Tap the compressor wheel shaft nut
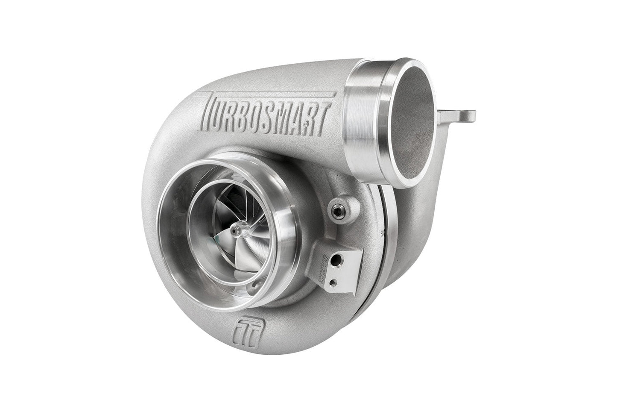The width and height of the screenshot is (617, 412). [x=234, y=231]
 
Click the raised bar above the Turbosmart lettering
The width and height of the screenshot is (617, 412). [x=273, y=88]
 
